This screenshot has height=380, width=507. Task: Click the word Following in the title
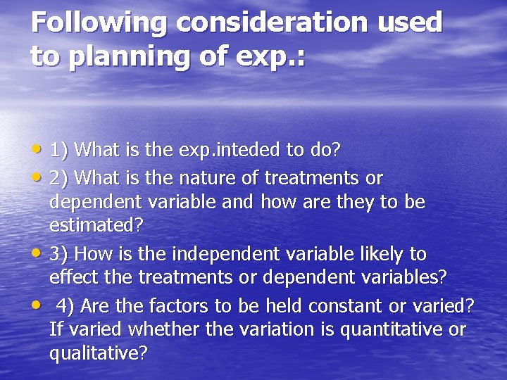coord(98,23)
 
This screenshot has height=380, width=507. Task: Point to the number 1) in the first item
coord(58,150)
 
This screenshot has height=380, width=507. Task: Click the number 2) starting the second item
coord(58,177)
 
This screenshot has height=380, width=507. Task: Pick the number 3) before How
coord(58,253)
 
